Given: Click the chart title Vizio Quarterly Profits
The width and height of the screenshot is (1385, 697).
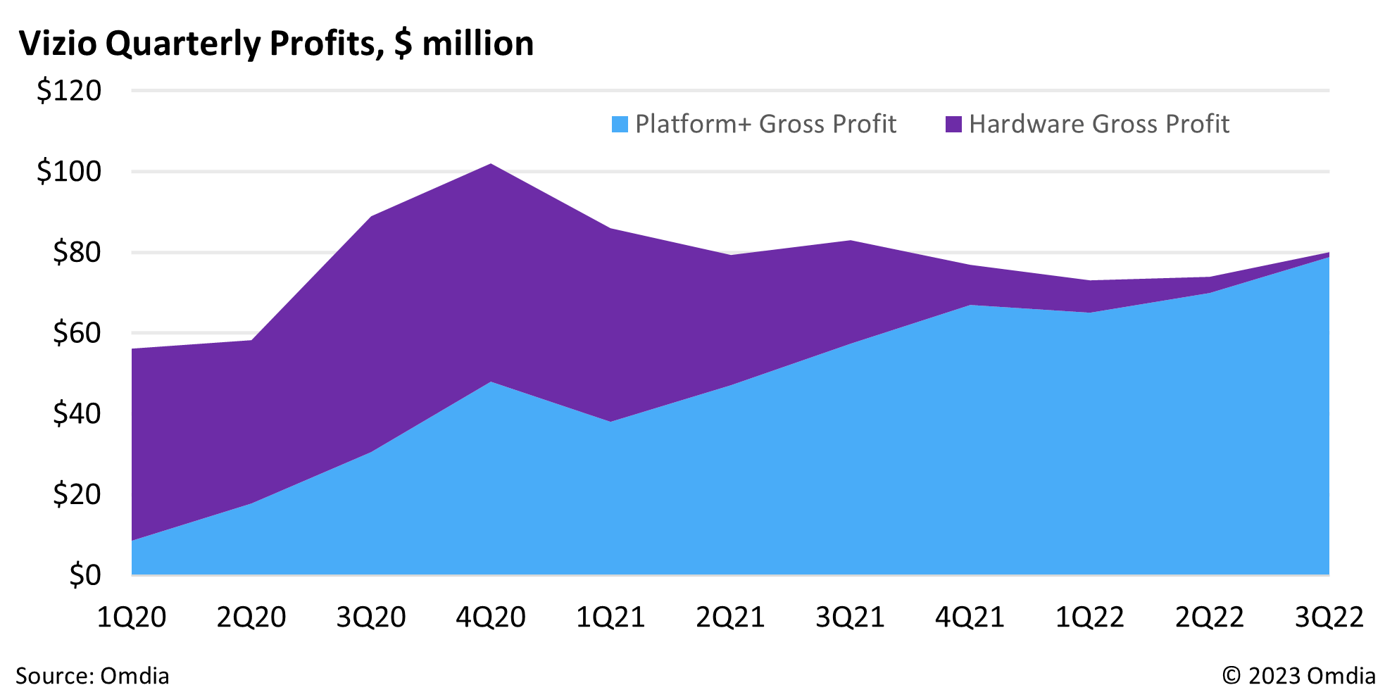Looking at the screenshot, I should tap(275, 44).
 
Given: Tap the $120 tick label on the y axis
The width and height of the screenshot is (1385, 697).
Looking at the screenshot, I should tap(69, 91).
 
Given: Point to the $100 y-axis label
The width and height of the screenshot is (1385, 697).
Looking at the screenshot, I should tap(69, 172).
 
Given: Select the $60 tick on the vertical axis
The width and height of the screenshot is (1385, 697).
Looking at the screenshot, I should tap(77, 333).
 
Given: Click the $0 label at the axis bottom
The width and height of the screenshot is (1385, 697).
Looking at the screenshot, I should tap(85, 575).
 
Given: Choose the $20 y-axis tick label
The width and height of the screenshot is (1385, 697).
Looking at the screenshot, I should tap(77, 494).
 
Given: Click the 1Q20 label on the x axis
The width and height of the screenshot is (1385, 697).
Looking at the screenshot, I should tap(132, 617).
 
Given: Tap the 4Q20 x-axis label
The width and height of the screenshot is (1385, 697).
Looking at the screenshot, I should tap(491, 617).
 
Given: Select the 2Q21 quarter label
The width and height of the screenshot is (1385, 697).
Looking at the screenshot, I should tap(730, 617).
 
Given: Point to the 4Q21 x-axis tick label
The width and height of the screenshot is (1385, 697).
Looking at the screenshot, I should tap(970, 617).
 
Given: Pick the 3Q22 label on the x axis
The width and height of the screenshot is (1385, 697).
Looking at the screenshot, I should tap(1329, 617).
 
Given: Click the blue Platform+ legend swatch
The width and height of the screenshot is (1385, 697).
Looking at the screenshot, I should tap(620, 125).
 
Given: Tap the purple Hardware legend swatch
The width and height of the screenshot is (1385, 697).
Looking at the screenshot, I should tap(953, 125).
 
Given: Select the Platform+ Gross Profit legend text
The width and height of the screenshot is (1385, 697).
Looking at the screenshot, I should tap(765, 124).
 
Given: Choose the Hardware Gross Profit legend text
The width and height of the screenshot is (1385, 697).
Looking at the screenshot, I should tap(1099, 124).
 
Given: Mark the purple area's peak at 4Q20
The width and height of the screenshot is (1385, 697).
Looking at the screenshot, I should tap(491, 165).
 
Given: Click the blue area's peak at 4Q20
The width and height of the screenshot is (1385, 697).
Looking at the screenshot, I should tap(491, 382).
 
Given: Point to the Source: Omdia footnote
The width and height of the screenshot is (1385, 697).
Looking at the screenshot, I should tap(92, 676).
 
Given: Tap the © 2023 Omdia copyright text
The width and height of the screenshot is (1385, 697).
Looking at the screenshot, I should tap(1298, 676).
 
